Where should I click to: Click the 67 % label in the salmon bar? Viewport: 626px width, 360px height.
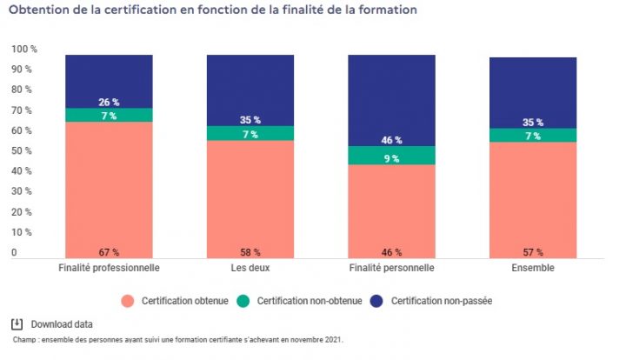[109, 252]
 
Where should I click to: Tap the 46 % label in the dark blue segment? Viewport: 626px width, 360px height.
[391, 140]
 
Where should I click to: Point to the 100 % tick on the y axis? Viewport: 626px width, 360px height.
[24, 49]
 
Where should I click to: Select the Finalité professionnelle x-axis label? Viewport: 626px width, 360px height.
[109, 268]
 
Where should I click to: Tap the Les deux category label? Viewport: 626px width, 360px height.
[250, 268]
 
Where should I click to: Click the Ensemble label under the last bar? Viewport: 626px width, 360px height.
[533, 268]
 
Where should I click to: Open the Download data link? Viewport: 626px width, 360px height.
[62, 323]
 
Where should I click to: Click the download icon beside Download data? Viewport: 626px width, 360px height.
[17, 323]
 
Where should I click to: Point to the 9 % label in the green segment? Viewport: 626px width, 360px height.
[391, 159]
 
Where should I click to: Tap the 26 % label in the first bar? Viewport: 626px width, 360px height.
[109, 102]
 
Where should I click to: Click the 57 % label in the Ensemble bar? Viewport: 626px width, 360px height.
[533, 252]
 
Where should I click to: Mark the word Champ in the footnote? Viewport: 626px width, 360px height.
[25, 340]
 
